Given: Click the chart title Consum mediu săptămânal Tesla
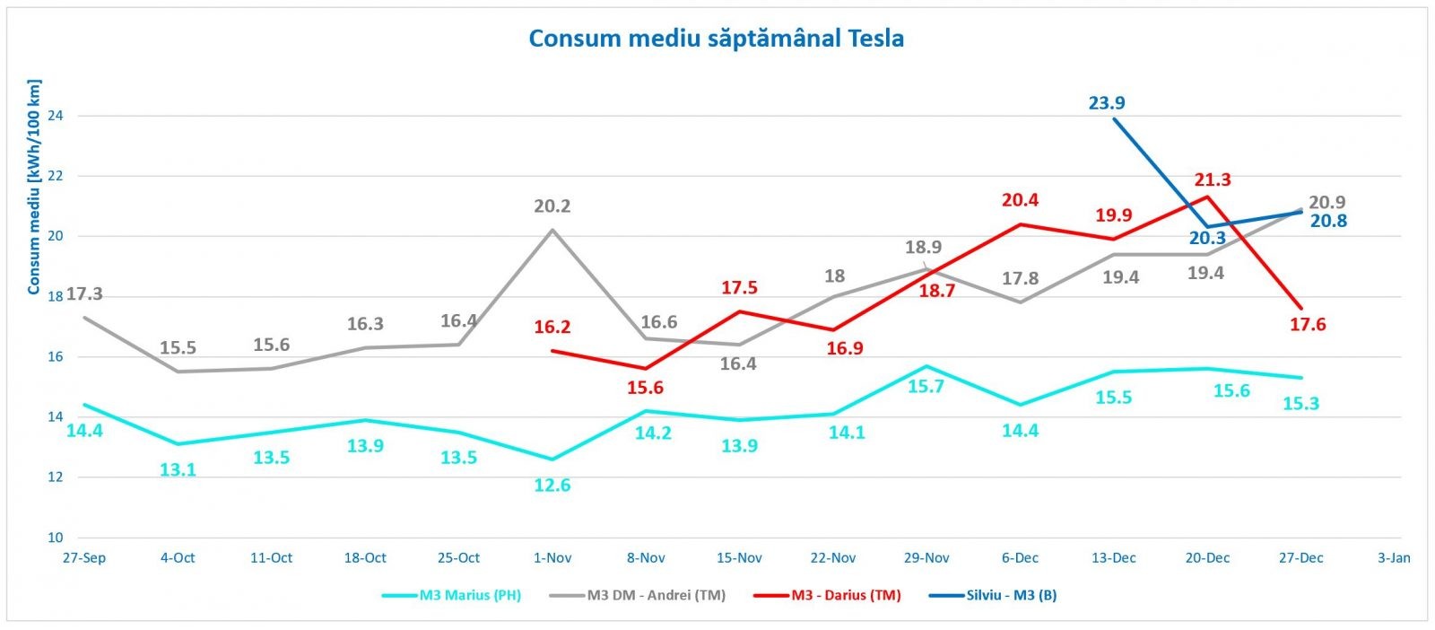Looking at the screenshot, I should click(x=716, y=39).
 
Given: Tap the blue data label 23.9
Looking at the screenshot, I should click(x=1107, y=103).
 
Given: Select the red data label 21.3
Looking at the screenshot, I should click(x=1213, y=179).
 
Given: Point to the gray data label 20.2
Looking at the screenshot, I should click(x=552, y=206).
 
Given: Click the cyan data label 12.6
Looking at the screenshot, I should click(x=552, y=486).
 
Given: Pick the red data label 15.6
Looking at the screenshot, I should click(x=646, y=388).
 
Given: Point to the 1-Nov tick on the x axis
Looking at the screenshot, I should click(x=552, y=558).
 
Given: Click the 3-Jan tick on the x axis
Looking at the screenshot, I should click(x=1394, y=558).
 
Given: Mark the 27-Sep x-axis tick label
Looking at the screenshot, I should click(x=84, y=558).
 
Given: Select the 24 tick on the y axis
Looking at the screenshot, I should click(x=56, y=116).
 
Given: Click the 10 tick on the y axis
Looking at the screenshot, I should click(x=56, y=538).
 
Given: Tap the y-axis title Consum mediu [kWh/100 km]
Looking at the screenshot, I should click(x=34, y=187).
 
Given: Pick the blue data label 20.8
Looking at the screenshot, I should click(x=1328, y=221).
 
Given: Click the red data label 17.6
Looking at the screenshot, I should click(x=1308, y=325).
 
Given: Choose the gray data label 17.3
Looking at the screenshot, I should click(x=84, y=293).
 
